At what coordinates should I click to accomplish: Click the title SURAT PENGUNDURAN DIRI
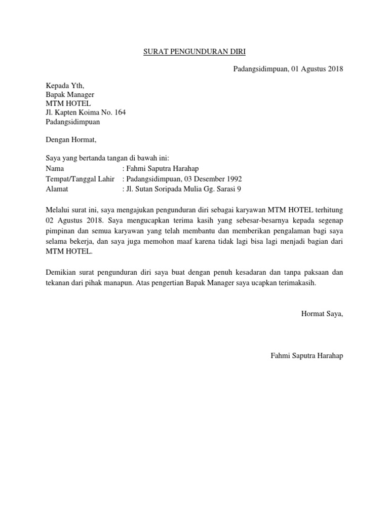click(194, 51)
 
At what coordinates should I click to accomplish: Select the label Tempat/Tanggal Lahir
click(81, 179)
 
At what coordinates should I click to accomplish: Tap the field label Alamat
click(57, 189)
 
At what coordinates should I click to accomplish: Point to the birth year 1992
click(234, 179)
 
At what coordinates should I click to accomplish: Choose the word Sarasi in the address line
click(226, 189)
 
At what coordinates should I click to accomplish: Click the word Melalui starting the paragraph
click(60, 209)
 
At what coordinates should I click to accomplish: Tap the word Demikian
click(62, 273)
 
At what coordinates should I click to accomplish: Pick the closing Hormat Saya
click(322, 314)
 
